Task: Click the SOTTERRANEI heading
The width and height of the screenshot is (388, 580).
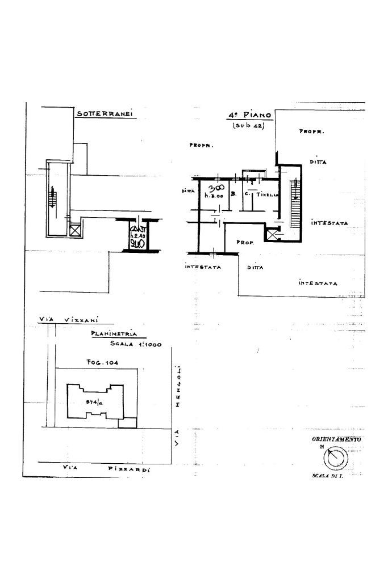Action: pos(104,114)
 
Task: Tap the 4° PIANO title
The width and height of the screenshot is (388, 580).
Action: pos(250,115)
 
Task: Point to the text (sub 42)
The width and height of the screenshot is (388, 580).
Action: pos(249,126)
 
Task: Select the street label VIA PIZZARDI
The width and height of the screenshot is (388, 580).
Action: pos(108,468)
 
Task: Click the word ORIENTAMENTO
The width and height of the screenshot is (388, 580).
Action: pos(336,439)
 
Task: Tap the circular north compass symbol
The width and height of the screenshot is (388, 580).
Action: pos(336,456)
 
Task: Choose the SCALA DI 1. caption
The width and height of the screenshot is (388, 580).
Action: pos(329,476)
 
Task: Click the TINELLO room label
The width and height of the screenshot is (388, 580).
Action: pos(267,194)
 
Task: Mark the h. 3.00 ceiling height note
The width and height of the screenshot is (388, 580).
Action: pos(214,195)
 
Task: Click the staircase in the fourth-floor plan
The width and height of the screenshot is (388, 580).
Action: pos(294,202)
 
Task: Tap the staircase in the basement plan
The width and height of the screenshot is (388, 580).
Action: pos(53,199)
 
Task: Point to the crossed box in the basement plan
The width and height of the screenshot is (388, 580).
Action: pos(74,230)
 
